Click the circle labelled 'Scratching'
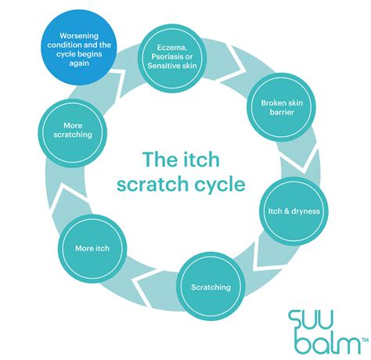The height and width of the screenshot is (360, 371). click(211, 287)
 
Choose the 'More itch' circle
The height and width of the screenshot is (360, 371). click(92, 249)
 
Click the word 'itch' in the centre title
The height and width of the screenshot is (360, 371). click(204, 160)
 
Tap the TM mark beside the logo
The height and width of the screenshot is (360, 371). click(362, 340)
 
